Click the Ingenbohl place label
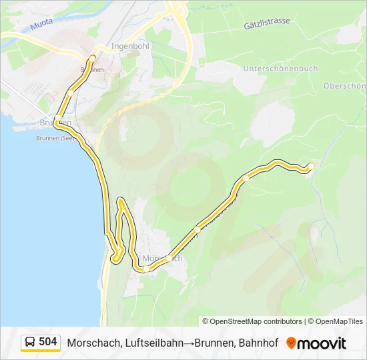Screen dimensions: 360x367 click(x=130, y=47)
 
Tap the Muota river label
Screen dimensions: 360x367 click(x=41, y=27)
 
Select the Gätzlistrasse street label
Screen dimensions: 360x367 click(x=267, y=22)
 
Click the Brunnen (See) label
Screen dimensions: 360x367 click(x=55, y=139)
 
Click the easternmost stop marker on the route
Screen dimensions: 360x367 click(x=310, y=166)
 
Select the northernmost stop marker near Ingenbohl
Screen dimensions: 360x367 click(x=91, y=59)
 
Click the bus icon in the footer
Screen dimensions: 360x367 click(x=30, y=343)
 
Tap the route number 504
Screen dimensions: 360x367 click(x=47, y=342)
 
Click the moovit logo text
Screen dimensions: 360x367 click(x=322, y=343)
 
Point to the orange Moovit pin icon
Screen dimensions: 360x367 click(x=291, y=343)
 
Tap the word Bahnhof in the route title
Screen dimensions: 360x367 click(x=255, y=343)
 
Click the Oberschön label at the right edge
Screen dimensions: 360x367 click(x=344, y=86)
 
